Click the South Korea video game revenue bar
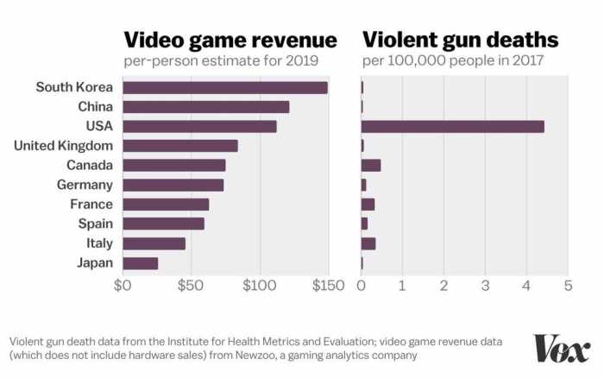(225, 87)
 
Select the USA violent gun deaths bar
(452, 126)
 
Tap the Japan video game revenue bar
(141, 263)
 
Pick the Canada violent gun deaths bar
(371, 165)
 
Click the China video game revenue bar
(206, 107)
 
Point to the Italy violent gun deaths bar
(368, 243)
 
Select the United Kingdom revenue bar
(180, 146)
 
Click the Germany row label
(84, 185)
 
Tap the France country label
(91, 205)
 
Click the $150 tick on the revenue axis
(327, 286)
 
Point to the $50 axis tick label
(191, 286)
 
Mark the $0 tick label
(124, 286)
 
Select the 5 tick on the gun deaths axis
(568, 286)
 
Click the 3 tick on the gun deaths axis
(485, 286)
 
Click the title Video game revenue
(230, 40)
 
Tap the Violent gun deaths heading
(460, 40)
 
